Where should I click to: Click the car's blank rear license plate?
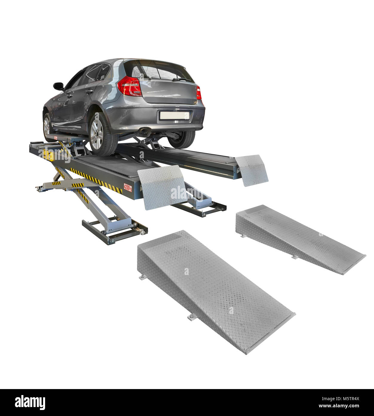[x=175, y=115]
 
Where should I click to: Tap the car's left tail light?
[x=130, y=86]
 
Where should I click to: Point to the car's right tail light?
[x=199, y=93]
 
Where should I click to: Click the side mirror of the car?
[x=58, y=86]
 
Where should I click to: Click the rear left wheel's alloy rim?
[x=96, y=134]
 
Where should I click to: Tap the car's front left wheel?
[x=47, y=128]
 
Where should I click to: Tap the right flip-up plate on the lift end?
[x=252, y=169]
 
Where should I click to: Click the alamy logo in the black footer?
[x=30, y=402]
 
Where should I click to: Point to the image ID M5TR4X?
[x=341, y=399]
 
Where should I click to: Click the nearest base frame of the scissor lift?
[x=114, y=232]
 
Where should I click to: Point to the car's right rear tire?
[x=182, y=139]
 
